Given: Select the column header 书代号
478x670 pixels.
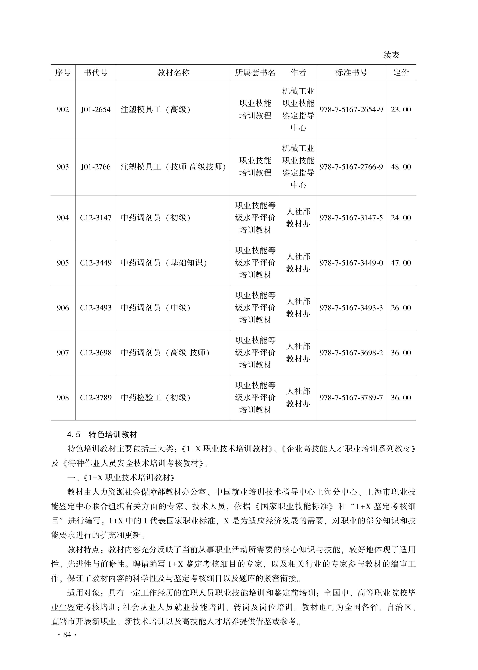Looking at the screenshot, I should pos(96,73).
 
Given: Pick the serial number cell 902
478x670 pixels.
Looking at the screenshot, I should pos(63,110).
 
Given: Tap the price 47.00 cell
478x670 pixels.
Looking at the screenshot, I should pos(401,263).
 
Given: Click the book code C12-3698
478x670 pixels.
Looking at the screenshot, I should pos(96,353).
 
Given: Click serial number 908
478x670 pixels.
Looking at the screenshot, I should pos(63,398).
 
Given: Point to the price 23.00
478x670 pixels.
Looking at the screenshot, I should pos(401,110).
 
